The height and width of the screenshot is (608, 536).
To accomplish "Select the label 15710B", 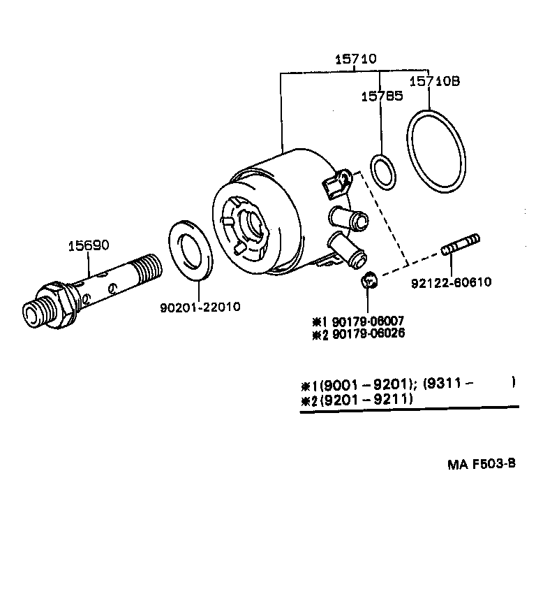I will pos(434,81).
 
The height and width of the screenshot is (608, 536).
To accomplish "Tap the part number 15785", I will pos(381,96).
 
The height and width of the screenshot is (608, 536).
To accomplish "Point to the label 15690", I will pos(88,245).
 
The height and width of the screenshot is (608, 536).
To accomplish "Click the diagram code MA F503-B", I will pos(481,465).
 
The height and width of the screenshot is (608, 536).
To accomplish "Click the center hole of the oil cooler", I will pos(251,224).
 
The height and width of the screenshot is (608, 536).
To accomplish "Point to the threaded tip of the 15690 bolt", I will pos(149,266).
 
